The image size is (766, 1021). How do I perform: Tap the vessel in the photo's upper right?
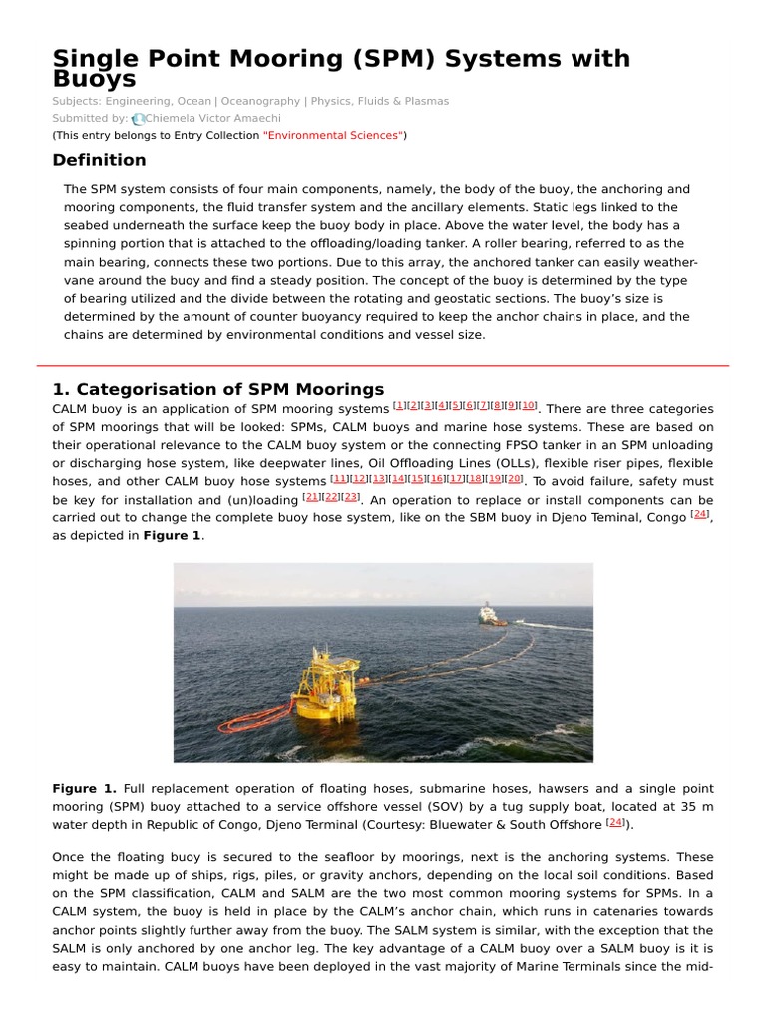tap(490, 614)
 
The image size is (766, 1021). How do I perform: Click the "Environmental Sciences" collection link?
tap(333, 134)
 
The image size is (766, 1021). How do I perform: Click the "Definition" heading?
tap(99, 160)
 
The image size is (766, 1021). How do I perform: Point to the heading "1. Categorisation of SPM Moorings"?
tap(217, 389)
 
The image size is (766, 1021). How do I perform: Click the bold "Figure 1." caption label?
tap(84, 788)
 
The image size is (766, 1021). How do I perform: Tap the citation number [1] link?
tap(399, 405)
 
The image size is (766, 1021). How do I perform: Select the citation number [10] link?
tap(529, 405)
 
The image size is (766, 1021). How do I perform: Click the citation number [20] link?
tap(514, 477)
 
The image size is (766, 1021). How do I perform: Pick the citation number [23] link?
tap(352, 496)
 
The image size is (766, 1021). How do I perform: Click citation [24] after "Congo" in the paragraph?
tap(700, 513)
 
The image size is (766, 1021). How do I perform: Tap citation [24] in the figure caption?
tap(615, 822)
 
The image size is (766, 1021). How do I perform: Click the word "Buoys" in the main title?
tap(94, 80)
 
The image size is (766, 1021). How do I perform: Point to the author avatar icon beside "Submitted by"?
tap(138, 118)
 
